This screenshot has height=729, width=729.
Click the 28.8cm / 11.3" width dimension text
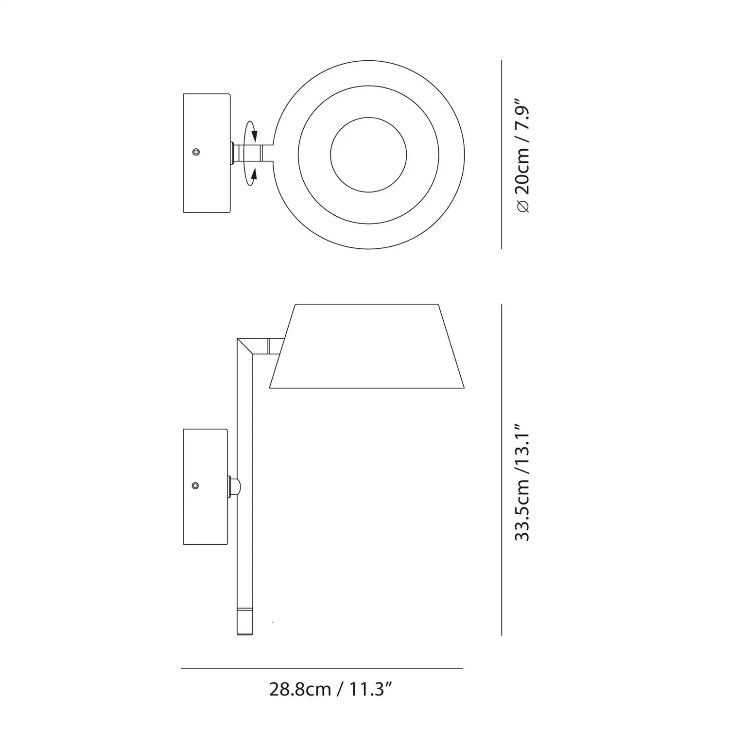click(330, 689)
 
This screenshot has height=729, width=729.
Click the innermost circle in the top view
click(368, 154)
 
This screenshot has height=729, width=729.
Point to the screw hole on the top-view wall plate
click(196, 152)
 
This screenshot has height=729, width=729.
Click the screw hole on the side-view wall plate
click(195, 486)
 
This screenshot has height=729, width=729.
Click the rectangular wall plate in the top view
click(206, 153)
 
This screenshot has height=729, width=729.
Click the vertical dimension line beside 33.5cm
click(502, 469)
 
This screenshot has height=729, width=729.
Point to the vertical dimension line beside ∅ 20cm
click(502, 155)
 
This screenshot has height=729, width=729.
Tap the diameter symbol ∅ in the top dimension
click(523, 207)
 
